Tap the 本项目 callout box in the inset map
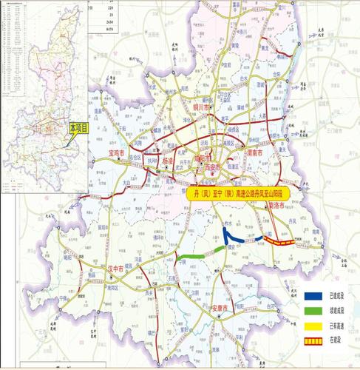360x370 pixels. click(x=79, y=128)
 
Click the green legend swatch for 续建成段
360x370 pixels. click(x=314, y=311)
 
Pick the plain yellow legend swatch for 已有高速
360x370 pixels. click(x=314, y=326)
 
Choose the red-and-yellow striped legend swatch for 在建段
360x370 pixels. click(x=314, y=340)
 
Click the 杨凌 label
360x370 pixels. click(x=168, y=161)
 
